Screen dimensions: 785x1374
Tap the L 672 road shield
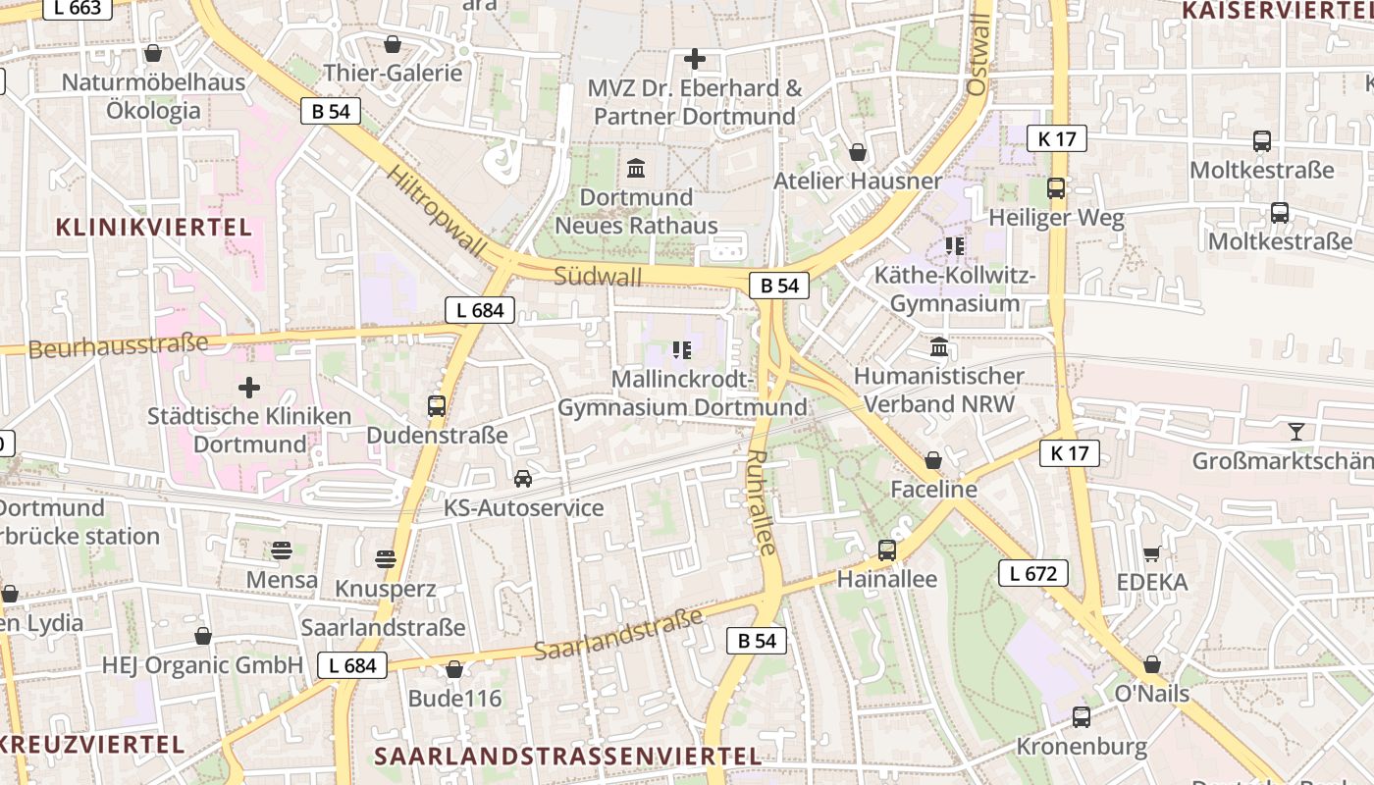pyautogui.click(x=1032, y=573)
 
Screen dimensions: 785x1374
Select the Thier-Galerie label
pyautogui.click(x=393, y=73)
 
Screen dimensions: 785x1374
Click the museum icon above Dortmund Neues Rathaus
pyautogui.click(x=636, y=168)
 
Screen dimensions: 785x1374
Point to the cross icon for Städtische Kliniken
pyautogui.click(x=249, y=388)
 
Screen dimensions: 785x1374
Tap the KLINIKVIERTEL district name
pyautogui.click(x=154, y=228)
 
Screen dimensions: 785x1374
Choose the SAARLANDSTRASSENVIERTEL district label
pyautogui.click(x=568, y=757)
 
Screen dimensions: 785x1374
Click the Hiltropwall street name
pyautogui.click(x=437, y=210)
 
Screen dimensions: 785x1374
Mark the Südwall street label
pyautogui.click(x=598, y=276)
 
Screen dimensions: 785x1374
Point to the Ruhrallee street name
pyautogui.click(x=762, y=502)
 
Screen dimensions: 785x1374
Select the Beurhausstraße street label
pyautogui.click(x=118, y=345)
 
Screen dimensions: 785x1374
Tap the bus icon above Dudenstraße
pyautogui.click(x=437, y=405)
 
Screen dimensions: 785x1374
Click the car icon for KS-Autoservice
pyautogui.click(x=523, y=479)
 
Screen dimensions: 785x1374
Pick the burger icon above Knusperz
pyautogui.click(x=386, y=559)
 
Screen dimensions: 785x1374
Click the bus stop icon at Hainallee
pyautogui.click(x=887, y=550)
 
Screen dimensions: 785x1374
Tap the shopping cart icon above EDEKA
pyautogui.click(x=1151, y=554)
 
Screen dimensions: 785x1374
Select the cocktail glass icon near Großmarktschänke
pyautogui.click(x=1296, y=432)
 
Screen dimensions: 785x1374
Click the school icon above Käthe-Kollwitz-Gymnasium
pyautogui.click(x=954, y=246)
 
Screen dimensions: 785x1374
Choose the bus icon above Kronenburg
pyautogui.click(x=1081, y=717)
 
